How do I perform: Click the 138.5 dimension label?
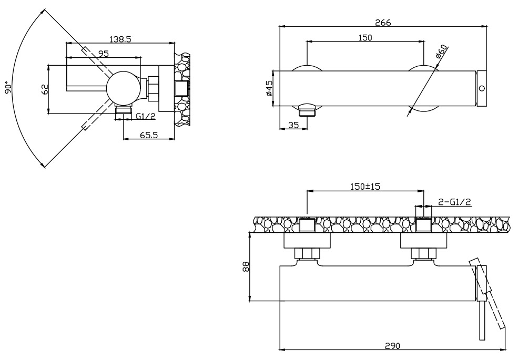coord(120,39)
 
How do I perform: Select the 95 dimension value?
coord(103,53)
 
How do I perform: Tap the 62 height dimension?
coord(44,89)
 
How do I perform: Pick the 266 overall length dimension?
coord(382,22)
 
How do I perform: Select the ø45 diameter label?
coord(269,88)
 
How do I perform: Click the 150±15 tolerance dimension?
coord(365,187)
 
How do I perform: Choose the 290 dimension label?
coord(392,345)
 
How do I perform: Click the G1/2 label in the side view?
coord(145,116)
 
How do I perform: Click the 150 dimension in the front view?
coord(364,37)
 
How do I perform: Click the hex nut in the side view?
coord(154,88)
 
